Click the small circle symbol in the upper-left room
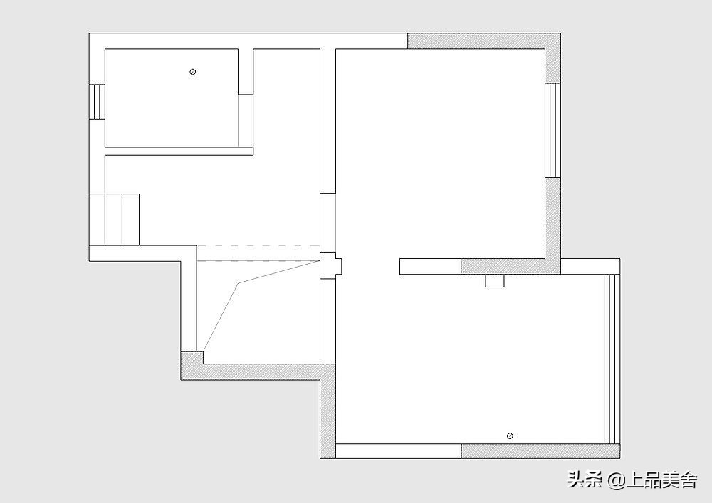point(192,72)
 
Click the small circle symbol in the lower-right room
point(510,436)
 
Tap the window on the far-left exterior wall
point(97,102)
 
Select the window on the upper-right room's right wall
point(553,130)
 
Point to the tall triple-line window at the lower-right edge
point(612,359)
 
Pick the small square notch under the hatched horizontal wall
point(495,280)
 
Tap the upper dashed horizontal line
point(258,246)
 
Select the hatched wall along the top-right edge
point(484,41)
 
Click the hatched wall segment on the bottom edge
point(540,451)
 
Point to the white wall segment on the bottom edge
point(398,451)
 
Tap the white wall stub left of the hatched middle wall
point(431,266)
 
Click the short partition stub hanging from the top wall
point(246,72)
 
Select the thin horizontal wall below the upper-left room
point(179,151)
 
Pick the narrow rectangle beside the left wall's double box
point(130,220)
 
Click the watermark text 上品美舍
point(661,480)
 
